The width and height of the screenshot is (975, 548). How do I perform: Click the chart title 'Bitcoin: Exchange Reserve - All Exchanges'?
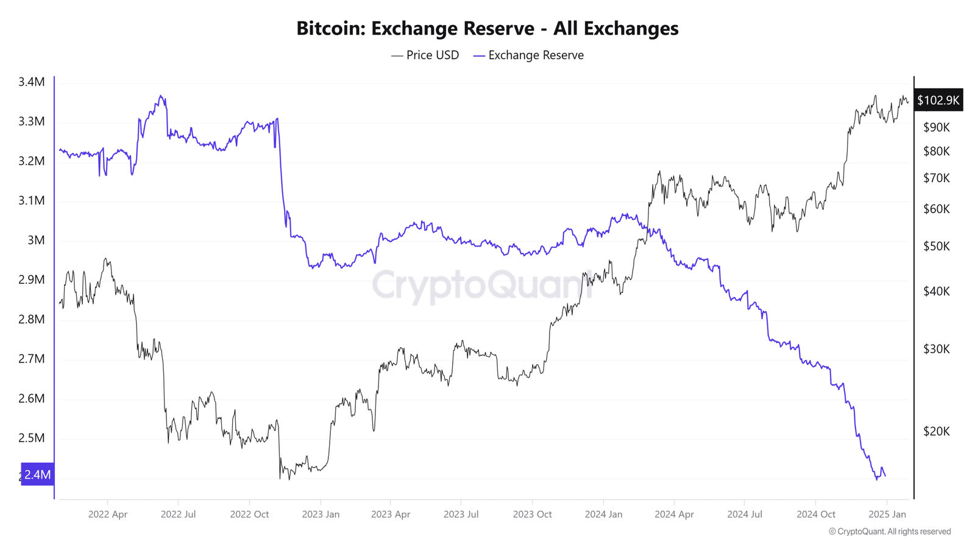coord(487,28)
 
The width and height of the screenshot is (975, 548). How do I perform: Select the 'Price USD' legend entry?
coord(425,55)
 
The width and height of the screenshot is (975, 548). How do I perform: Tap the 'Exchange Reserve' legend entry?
coord(529,55)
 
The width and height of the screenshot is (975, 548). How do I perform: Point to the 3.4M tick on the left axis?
coord(32,82)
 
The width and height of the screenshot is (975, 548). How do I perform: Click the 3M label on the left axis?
coord(36,241)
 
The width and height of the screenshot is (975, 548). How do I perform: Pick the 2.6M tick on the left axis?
coord(32,399)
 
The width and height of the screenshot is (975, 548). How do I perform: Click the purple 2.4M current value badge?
coord(37,474)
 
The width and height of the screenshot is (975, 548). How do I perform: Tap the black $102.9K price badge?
coord(938,100)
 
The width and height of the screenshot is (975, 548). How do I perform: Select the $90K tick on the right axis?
coord(937,128)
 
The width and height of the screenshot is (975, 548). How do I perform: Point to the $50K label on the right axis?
coord(937,247)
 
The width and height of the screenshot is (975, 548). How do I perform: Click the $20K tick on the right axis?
coord(937,432)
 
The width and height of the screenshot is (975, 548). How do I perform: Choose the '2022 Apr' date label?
coord(108,515)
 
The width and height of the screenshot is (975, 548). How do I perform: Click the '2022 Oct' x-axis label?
coord(249,515)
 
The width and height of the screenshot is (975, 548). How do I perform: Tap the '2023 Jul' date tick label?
coord(461,515)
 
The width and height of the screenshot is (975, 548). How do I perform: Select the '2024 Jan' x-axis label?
coord(603,515)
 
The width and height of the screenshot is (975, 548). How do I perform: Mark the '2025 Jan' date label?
coord(887,515)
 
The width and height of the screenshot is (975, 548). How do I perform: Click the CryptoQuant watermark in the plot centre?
coord(481,285)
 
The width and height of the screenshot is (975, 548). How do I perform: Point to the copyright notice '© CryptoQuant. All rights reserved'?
coord(890,532)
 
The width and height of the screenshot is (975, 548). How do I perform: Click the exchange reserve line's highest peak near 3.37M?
coord(161,96)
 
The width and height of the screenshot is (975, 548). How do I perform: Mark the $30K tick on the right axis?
coord(937,350)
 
